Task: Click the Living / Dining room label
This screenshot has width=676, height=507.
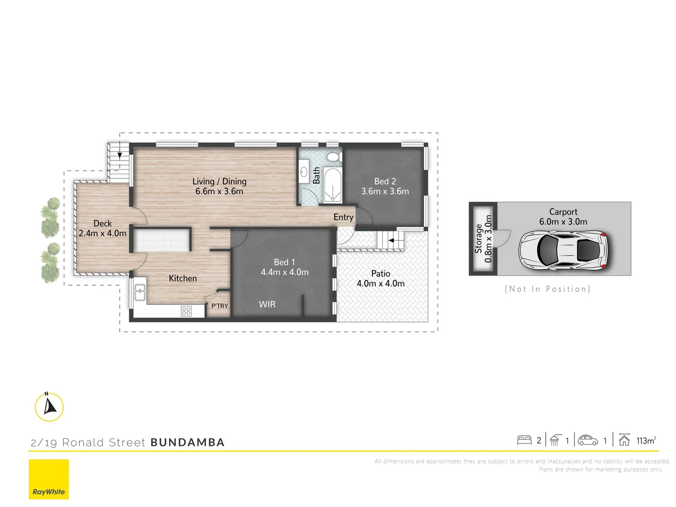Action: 219,181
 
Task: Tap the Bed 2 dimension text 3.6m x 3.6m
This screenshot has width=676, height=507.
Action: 385,192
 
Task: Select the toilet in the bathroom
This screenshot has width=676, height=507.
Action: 334,157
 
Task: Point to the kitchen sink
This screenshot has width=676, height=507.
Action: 140,292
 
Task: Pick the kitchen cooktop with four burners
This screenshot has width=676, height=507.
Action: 186,311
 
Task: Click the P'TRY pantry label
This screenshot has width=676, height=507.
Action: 219,306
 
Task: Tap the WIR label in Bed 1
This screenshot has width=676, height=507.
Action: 267,304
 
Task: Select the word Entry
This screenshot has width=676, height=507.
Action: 343,217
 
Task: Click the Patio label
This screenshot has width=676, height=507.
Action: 381,273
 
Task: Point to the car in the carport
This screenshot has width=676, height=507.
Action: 563,250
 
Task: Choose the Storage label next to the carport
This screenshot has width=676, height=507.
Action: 478,238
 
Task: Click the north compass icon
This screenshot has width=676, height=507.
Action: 49,407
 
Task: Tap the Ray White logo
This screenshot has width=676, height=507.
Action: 49,479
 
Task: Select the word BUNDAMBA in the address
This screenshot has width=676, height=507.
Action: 187,442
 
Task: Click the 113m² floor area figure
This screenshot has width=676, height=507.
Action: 646,440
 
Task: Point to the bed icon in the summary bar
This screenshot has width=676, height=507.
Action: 524,440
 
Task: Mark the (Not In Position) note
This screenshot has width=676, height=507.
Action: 547,289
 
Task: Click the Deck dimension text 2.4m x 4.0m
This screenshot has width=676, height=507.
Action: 102,233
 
